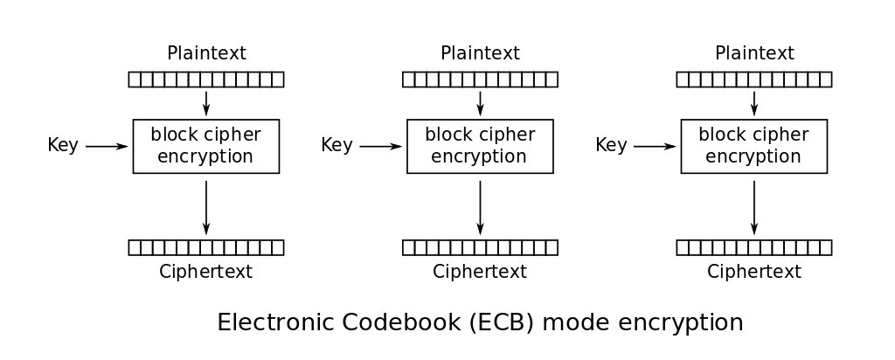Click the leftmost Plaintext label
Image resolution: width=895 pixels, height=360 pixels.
pos(206,53)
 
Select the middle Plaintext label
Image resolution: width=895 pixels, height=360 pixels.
pos(480,53)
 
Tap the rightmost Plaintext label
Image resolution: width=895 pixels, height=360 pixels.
pos(754,53)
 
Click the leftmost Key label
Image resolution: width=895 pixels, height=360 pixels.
pos(63,145)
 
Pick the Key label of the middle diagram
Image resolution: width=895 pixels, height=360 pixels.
pos(336,145)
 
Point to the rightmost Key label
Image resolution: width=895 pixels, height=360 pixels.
pos(611,145)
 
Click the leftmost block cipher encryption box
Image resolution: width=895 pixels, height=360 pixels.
pos(206,146)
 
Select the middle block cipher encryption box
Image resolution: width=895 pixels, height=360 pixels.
pos(480,146)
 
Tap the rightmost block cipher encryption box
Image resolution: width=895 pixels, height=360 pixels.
pos(754,146)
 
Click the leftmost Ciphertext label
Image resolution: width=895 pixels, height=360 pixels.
pos(205,271)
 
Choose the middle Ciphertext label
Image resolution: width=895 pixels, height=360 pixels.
pos(480,271)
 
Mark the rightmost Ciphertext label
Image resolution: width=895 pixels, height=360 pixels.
pos(754,271)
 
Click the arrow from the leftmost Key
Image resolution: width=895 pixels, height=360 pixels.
pos(107,147)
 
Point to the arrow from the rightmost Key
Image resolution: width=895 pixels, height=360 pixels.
pos(656,147)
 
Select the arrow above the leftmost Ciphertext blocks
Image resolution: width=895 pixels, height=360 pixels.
pos(206,208)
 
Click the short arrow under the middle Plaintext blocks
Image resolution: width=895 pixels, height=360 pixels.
pos(480,103)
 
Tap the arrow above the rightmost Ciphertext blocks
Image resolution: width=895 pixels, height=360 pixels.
pos(754,208)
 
